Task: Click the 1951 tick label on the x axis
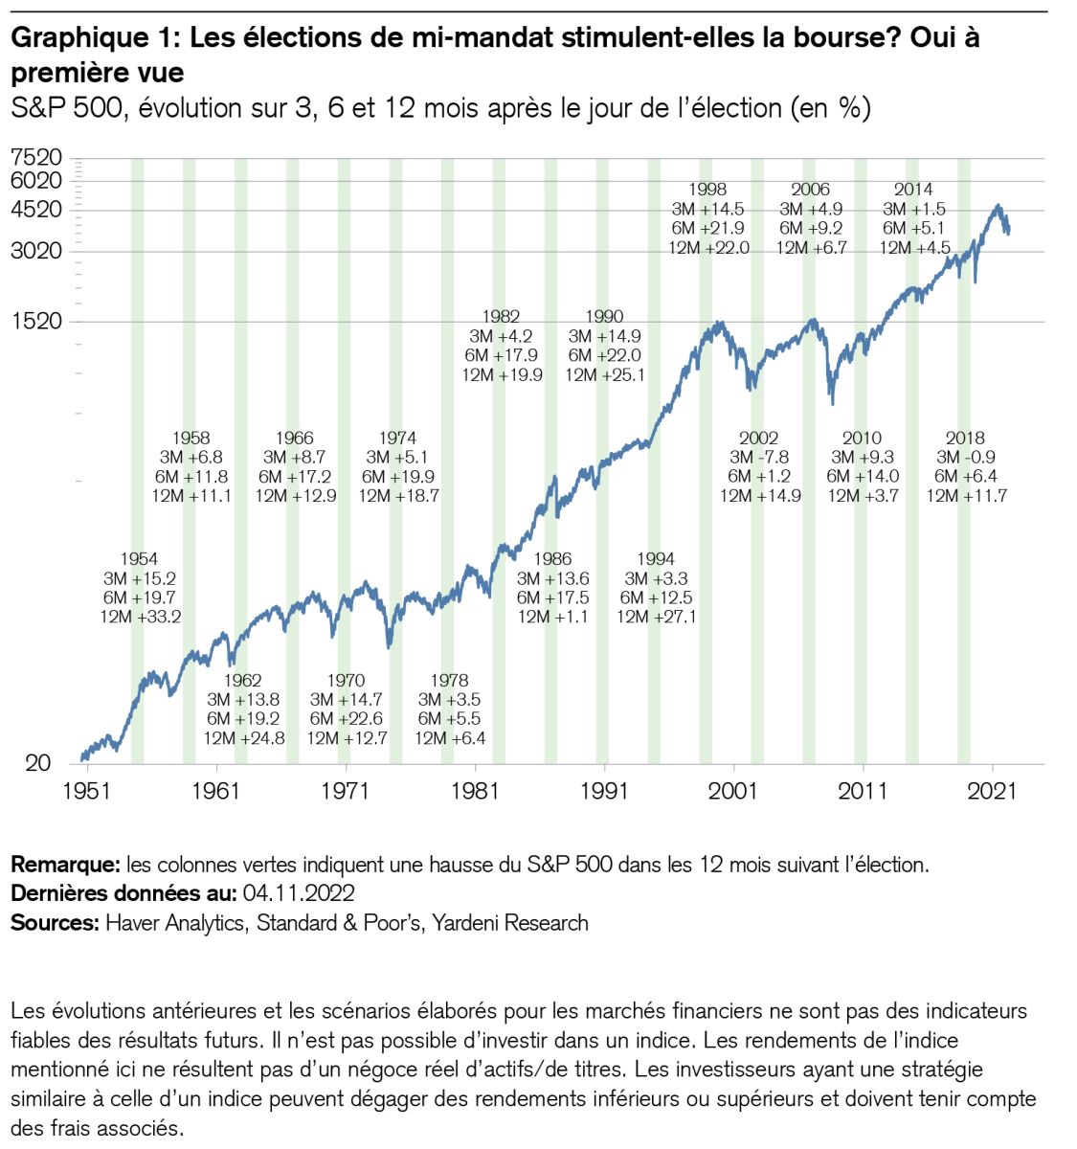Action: click(x=87, y=791)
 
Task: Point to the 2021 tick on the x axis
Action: click(x=993, y=791)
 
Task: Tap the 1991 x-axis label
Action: click(x=604, y=791)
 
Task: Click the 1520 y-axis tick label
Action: click(x=37, y=321)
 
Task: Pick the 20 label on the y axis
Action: click(x=37, y=763)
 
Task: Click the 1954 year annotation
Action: click(x=139, y=559)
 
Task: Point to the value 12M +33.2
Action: click(x=141, y=617)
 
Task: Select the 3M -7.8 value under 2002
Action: click(x=759, y=458)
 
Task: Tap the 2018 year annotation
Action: click(x=965, y=439)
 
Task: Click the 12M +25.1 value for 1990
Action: click(x=604, y=374)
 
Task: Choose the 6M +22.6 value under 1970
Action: click(x=346, y=719)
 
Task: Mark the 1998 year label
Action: click(x=707, y=190)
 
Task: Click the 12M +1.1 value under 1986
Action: click(x=552, y=617)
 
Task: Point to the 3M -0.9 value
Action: click(x=966, y=458)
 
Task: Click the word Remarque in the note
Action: click(x=63, y=866)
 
